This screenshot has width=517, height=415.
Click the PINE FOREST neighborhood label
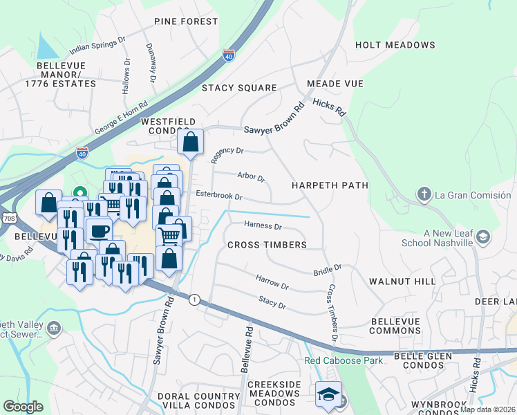(186, 21)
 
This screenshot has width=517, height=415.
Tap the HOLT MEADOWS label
(395, 45)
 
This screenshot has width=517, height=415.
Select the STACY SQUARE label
(239, 88)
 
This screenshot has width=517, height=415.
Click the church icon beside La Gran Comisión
(425, 194)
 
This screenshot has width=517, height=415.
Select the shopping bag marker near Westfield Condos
(191, 142)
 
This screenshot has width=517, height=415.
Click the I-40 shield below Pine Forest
(229, 56)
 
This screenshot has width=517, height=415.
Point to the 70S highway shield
(8, 218)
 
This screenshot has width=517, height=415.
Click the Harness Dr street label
(263, 225)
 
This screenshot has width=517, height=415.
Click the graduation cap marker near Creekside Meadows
(328, 394)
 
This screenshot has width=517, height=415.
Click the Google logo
(23, 406)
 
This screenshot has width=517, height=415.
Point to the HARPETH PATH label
(329, 185)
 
